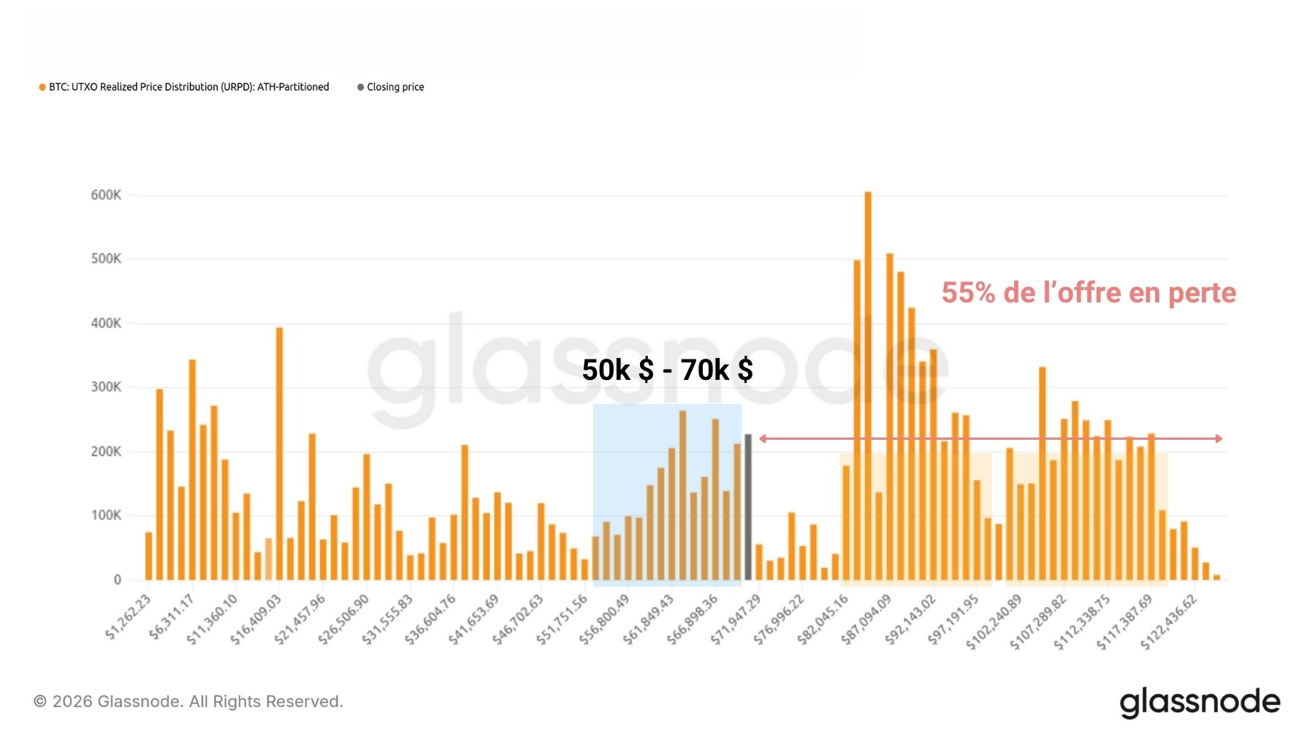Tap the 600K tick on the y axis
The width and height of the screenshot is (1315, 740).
click(106, 195)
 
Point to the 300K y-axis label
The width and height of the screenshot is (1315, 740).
click(106, 387)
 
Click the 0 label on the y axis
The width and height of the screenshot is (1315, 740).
click(117, 580)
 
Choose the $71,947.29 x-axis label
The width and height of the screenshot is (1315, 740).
click(736, 619)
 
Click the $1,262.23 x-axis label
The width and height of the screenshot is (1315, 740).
click(129, 617)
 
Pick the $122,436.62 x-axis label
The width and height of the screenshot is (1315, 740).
click(1169, 622)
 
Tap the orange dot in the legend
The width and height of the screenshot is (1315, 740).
click(42, 87)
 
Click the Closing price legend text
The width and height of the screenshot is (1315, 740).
click(395, 87)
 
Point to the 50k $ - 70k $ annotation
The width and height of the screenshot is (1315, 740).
click(667, 370)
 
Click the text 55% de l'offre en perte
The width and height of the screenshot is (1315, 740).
click(1089, 293)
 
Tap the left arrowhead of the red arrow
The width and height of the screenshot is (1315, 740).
click(763, 438)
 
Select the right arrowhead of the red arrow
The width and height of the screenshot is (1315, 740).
click(1219, 438)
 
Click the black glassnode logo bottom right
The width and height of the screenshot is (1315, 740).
click(1200, 702)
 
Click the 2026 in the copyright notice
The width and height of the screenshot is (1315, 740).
click(72, 702)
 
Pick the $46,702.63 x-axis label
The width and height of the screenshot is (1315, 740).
click(518, 619)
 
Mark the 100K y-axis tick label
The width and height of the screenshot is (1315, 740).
click(106, 516)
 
